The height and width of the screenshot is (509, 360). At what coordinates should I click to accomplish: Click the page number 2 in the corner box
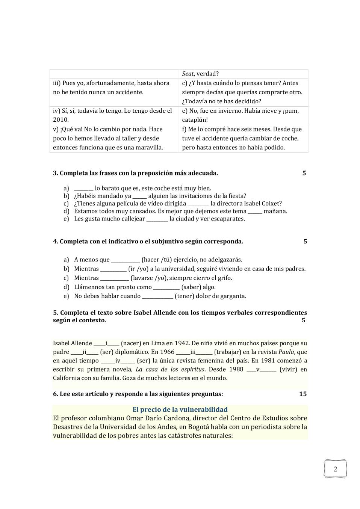335,469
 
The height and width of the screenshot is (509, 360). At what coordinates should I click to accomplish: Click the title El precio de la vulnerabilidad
180,409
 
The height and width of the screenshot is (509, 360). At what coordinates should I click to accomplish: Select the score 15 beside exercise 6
303,394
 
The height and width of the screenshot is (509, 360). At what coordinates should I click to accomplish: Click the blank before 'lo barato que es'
83,189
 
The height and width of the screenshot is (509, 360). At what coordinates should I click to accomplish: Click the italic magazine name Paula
286,352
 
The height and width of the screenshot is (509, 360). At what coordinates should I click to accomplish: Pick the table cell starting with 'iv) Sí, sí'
114,115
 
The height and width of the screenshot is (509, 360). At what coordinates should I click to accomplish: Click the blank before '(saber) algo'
166,287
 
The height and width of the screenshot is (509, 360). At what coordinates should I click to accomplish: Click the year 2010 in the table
61,120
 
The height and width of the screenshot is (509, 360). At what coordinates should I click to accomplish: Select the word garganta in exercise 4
234,296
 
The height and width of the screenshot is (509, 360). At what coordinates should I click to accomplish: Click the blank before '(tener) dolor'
157,296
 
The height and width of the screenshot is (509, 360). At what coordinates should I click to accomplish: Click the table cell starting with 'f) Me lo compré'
243,138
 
